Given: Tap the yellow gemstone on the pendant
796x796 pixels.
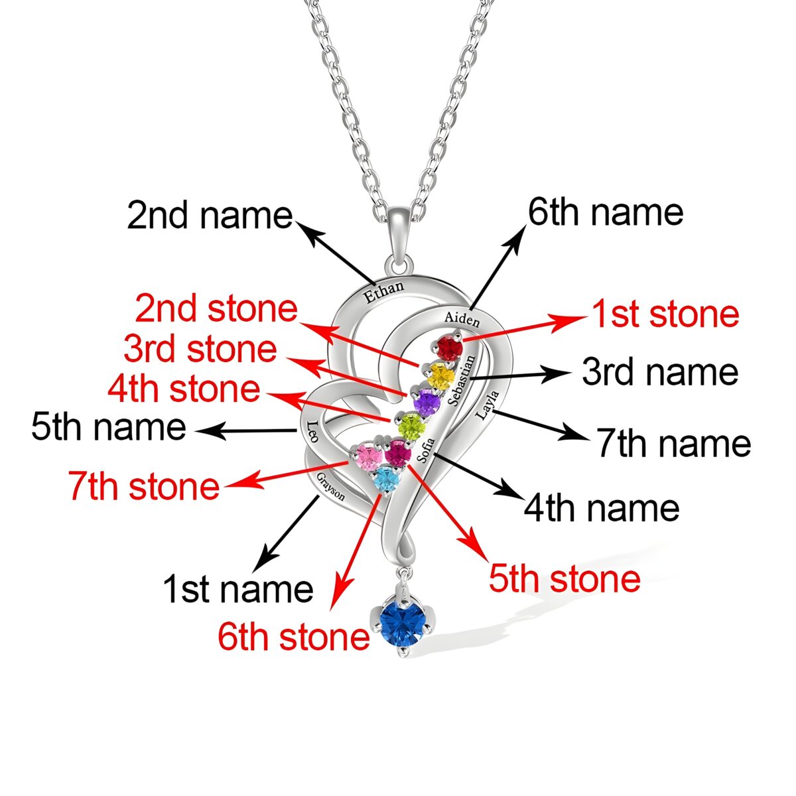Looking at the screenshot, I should [440, 376].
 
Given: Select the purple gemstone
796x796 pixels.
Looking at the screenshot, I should [427, 401].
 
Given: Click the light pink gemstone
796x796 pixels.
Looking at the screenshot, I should [368, 457].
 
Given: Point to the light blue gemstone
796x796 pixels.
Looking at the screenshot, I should [385, 479].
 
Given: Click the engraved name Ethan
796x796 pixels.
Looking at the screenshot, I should [384, 292].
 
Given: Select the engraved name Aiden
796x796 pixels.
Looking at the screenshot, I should [462, 318].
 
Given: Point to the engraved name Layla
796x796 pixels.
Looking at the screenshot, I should [487, 406].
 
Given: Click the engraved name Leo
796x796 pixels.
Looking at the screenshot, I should [311, 431].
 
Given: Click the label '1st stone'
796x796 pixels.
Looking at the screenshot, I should [665, 314].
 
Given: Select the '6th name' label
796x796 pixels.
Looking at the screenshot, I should [606, 212].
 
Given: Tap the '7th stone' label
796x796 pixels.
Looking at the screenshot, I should [143, 486].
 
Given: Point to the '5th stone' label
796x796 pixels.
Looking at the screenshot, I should [564, 578].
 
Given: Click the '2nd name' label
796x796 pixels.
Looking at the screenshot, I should [210, 216].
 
